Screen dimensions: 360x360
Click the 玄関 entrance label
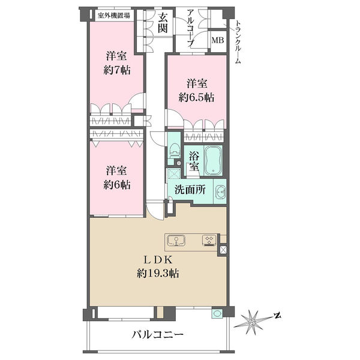click(163, 22)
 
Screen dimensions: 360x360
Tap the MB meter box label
click(218, 40)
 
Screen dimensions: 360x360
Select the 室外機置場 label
click(113, 16)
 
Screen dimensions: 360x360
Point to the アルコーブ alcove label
click(191, 28)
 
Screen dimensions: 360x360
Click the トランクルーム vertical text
click(238, 43)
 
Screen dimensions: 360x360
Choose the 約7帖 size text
click(117, 70)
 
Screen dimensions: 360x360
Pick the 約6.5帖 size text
click(197, 97)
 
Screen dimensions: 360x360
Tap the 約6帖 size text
click(117, 184)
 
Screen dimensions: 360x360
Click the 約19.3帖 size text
click(158, 273)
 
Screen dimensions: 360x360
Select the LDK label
click(158, 260)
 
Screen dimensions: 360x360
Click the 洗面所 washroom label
click(190, 190)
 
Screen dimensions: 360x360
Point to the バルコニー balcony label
click(157, 334)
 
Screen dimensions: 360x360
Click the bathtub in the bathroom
click(213, 160)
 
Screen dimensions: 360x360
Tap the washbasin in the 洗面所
click(221, 191)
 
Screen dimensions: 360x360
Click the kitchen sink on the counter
click(176, 241)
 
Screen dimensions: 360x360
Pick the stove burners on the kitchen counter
click(209, 241)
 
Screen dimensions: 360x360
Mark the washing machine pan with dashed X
click(174, 173)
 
